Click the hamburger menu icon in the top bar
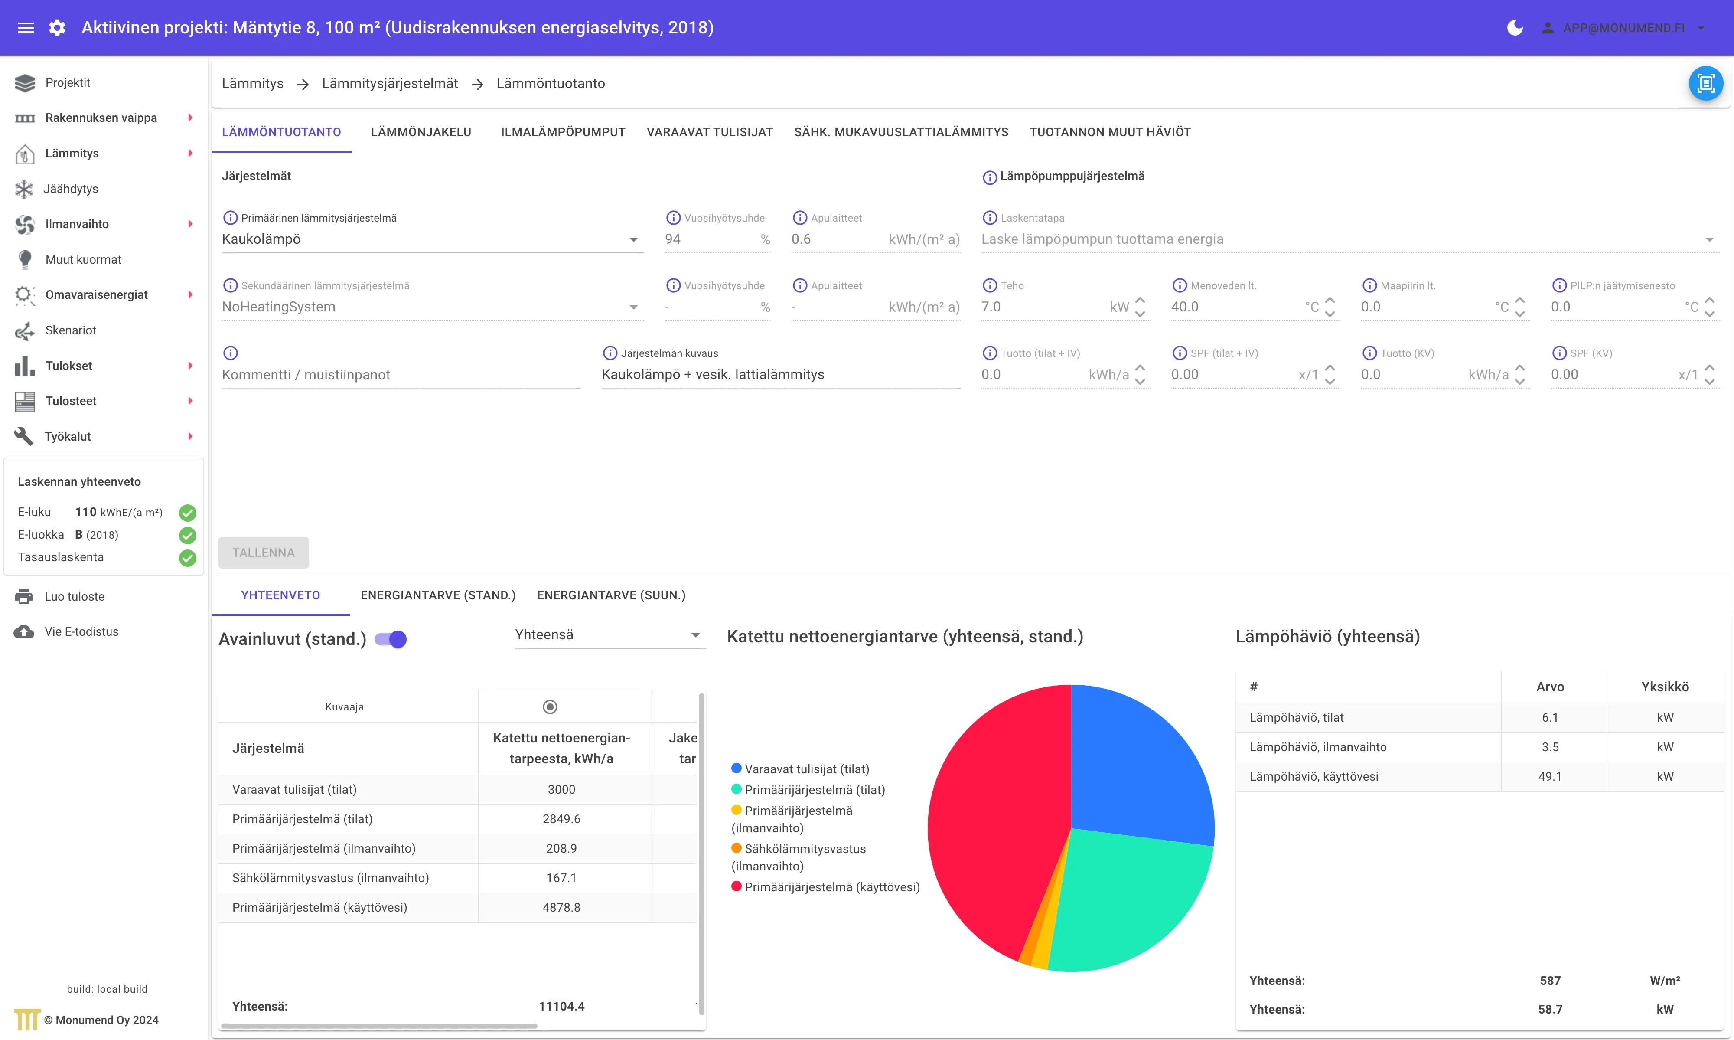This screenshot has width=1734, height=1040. pyautogui.click(x=26, y=28)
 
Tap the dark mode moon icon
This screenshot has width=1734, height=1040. pyautogui.click(x=1515, y=28)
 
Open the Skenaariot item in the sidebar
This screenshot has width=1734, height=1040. pyautogui.click(x=71, y=330)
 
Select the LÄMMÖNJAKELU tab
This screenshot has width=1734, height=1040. pyautogui.click(x=421, y=132)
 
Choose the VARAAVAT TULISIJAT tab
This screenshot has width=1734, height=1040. pyautogui.click(x=710, y=132)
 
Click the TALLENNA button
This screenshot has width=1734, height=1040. pyautogui.click(x=263, y=552)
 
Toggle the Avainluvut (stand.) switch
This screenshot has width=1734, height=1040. pyautogui.click(x=391, y=639)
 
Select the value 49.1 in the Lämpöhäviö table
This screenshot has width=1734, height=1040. pyautogui.click(x=1550, y=776)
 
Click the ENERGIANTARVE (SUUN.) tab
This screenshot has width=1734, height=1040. pyautogui.click(x=611, y=595)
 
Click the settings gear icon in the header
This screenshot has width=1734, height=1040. pyautogui.click(x=57, y=28)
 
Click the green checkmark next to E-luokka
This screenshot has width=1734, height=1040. pyautogui.click(x=188, y=536)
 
